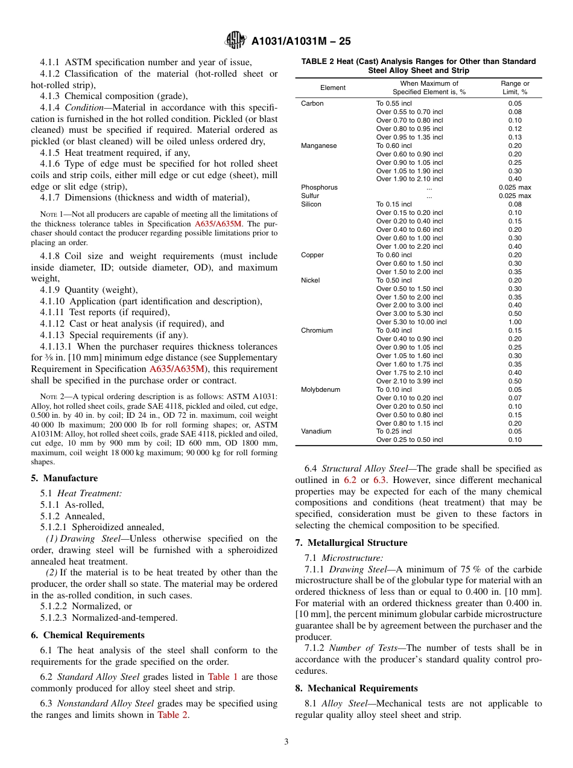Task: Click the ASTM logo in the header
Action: coord(235,40)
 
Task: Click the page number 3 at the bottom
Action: coord(286,741)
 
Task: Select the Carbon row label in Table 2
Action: coord(312,103)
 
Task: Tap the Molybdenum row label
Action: coord(320,389)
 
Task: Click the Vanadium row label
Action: coord(315,431)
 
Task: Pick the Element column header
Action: coord(332,88)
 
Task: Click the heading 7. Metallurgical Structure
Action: coord(351,543)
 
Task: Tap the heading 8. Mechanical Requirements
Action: coord(356,688)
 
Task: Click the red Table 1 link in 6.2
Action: coord(223,677)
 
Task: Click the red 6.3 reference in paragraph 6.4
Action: coord(379,480)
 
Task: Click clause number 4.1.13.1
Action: coord(56,347)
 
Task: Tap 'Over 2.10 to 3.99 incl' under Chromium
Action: coord(409,381)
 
